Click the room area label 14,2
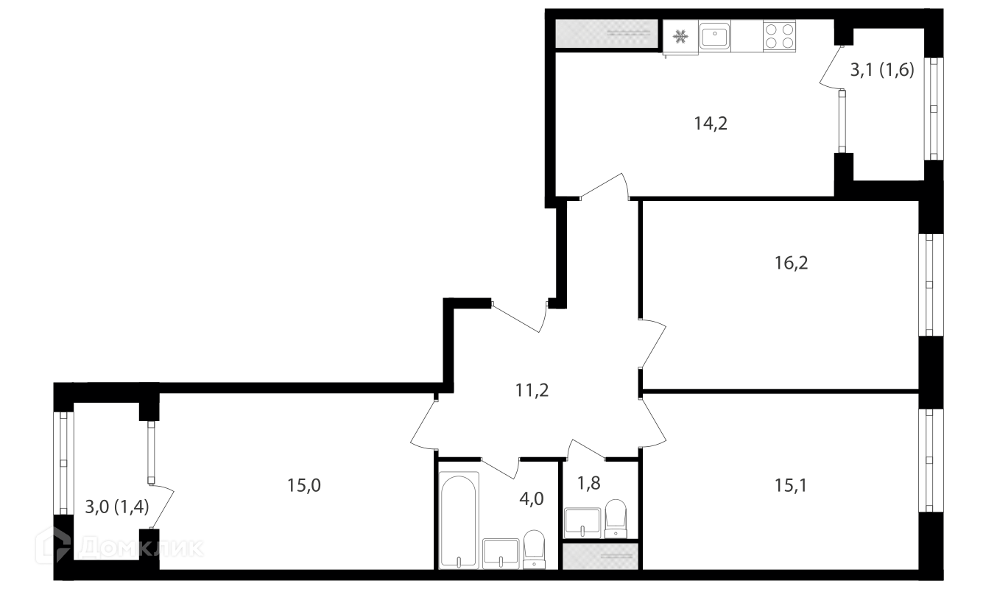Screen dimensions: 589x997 711,124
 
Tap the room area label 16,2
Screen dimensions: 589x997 791,263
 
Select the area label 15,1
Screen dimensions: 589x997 790,485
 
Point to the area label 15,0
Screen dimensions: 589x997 303,485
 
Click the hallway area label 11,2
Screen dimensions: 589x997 532,390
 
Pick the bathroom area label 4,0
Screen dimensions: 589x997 531,499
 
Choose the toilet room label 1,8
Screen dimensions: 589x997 588,483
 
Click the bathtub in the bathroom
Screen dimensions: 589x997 459,520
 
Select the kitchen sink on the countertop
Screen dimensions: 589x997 714,35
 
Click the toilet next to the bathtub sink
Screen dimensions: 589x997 534,549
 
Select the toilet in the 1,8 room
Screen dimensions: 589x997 615,518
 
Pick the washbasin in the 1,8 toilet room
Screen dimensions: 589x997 582,523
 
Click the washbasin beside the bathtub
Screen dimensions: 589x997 501,553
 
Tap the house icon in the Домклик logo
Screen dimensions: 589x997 53,546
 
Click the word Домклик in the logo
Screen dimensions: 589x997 141,547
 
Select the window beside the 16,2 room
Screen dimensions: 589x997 930,284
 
